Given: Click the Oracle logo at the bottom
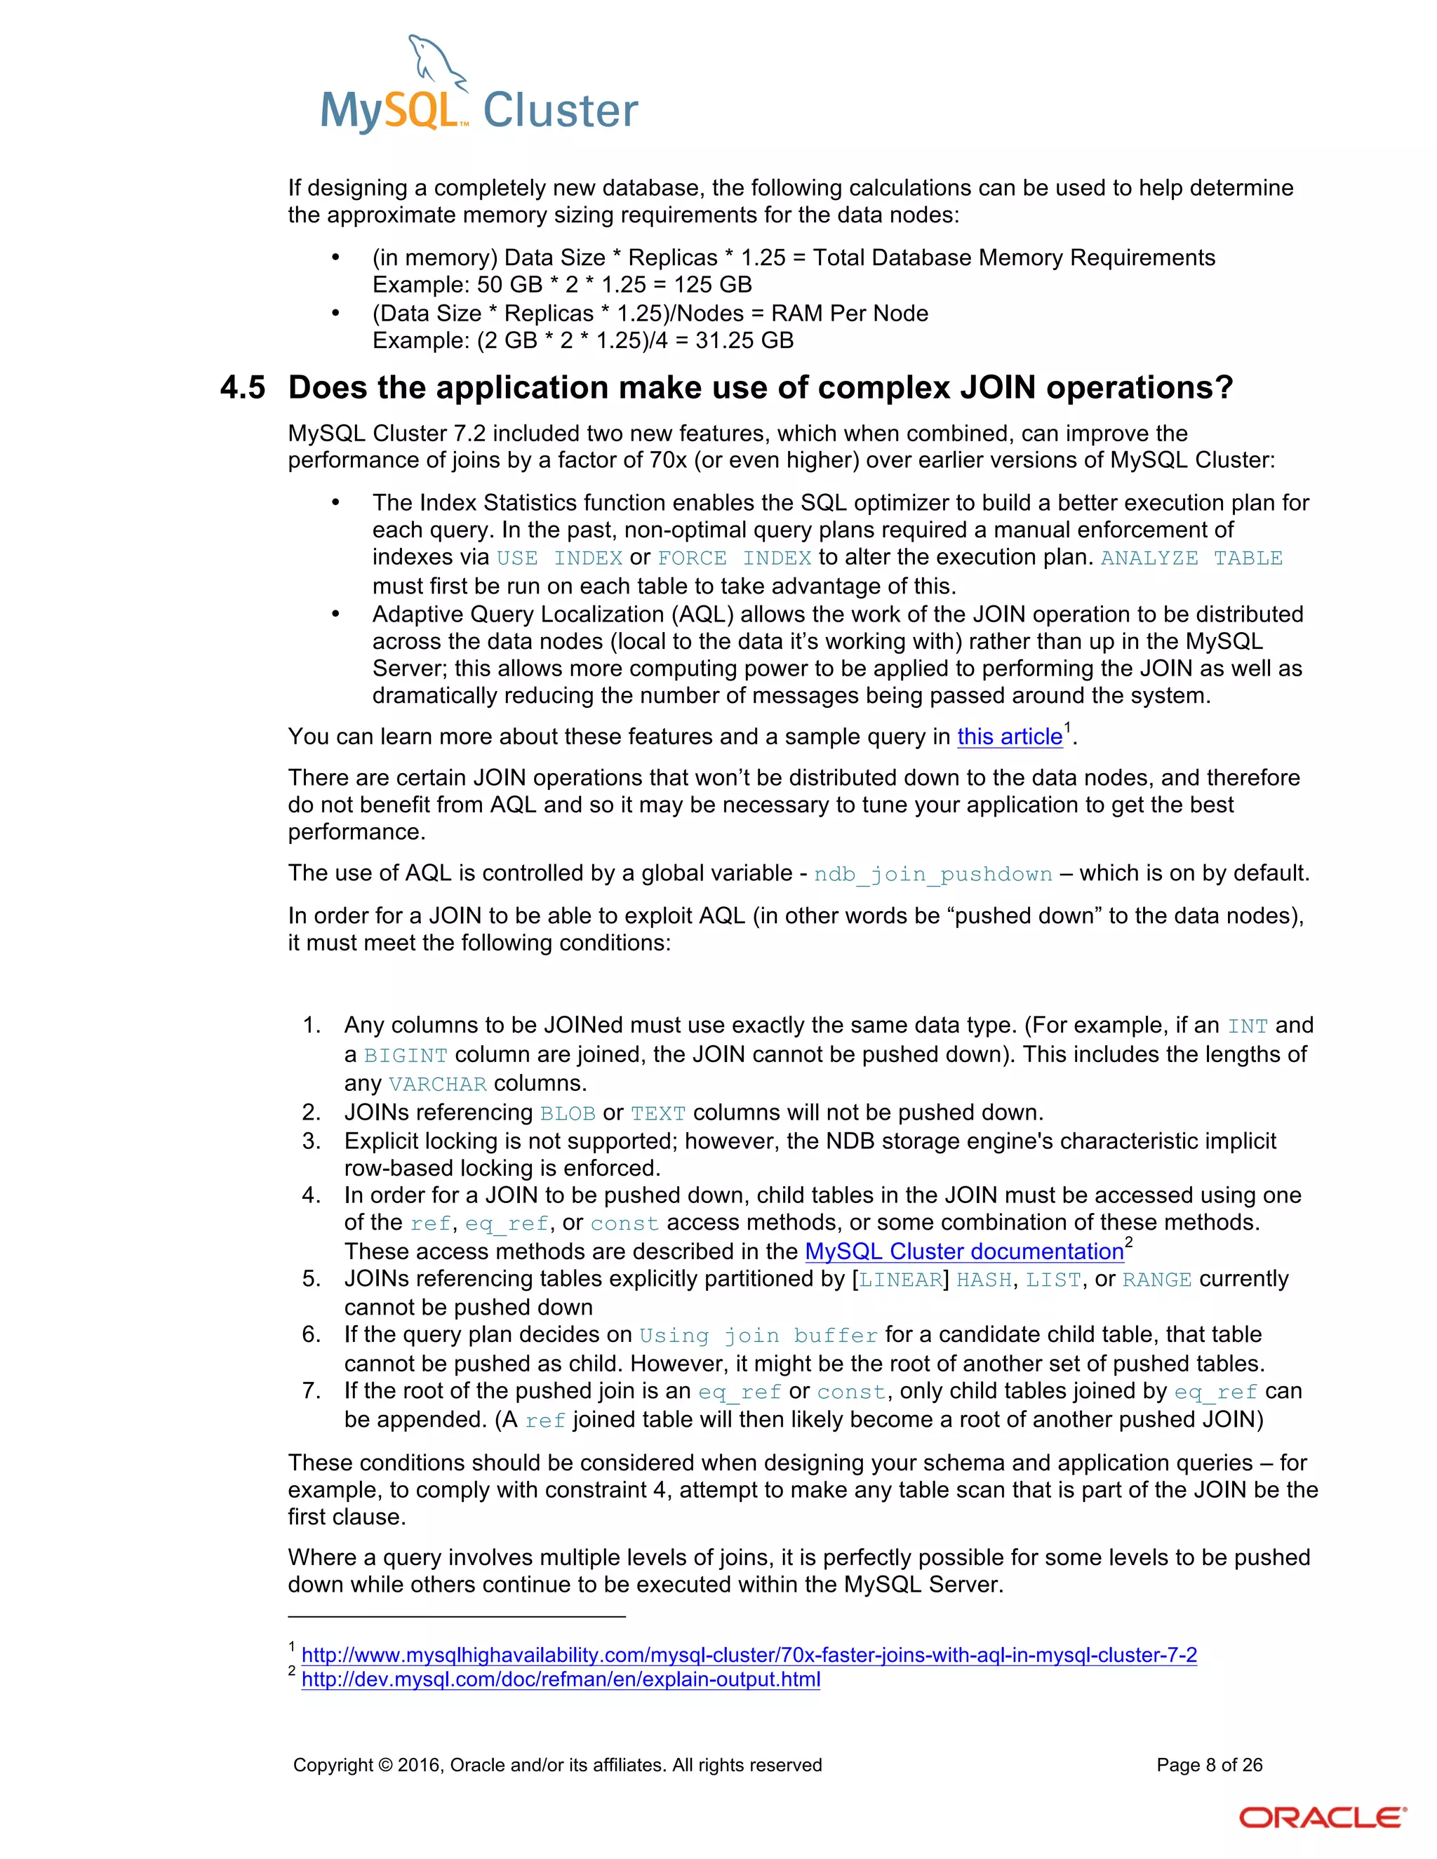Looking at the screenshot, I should coord(1321,1818).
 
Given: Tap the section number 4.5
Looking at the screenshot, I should coord(243,388).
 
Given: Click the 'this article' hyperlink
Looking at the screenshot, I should coord(1010,737).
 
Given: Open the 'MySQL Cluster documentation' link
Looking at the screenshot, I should coord(963,1251).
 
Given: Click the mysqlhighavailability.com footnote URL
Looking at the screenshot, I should coord(749,1655).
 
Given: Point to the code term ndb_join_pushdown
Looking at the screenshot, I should coord(933,874).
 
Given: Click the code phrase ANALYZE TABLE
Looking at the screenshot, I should coord(1191,558).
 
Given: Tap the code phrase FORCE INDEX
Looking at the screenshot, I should coord(734,558).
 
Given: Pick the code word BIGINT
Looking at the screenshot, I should coord(406,1056).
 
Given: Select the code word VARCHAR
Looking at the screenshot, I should coord(438,1085).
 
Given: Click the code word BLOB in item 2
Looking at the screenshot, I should coord(567,1113).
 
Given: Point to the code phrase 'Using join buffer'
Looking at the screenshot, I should coord(758,1336).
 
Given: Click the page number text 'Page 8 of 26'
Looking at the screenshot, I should coord(1209,1764).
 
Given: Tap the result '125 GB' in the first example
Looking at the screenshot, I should coord(713,285).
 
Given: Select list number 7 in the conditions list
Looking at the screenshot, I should coord(311,1391).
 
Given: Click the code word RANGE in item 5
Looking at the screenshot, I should coord(1156,1280).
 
